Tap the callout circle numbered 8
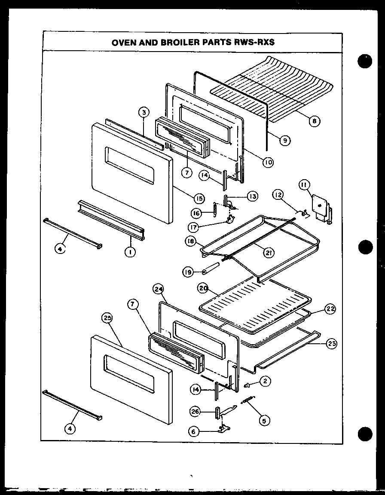315,121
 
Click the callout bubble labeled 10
267,162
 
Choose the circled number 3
144,113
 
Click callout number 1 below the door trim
128,252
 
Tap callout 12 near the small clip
277,196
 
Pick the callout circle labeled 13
252,196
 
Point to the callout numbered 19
187,272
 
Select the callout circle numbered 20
203,288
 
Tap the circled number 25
107,318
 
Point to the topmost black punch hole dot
364,61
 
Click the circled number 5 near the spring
265,421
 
